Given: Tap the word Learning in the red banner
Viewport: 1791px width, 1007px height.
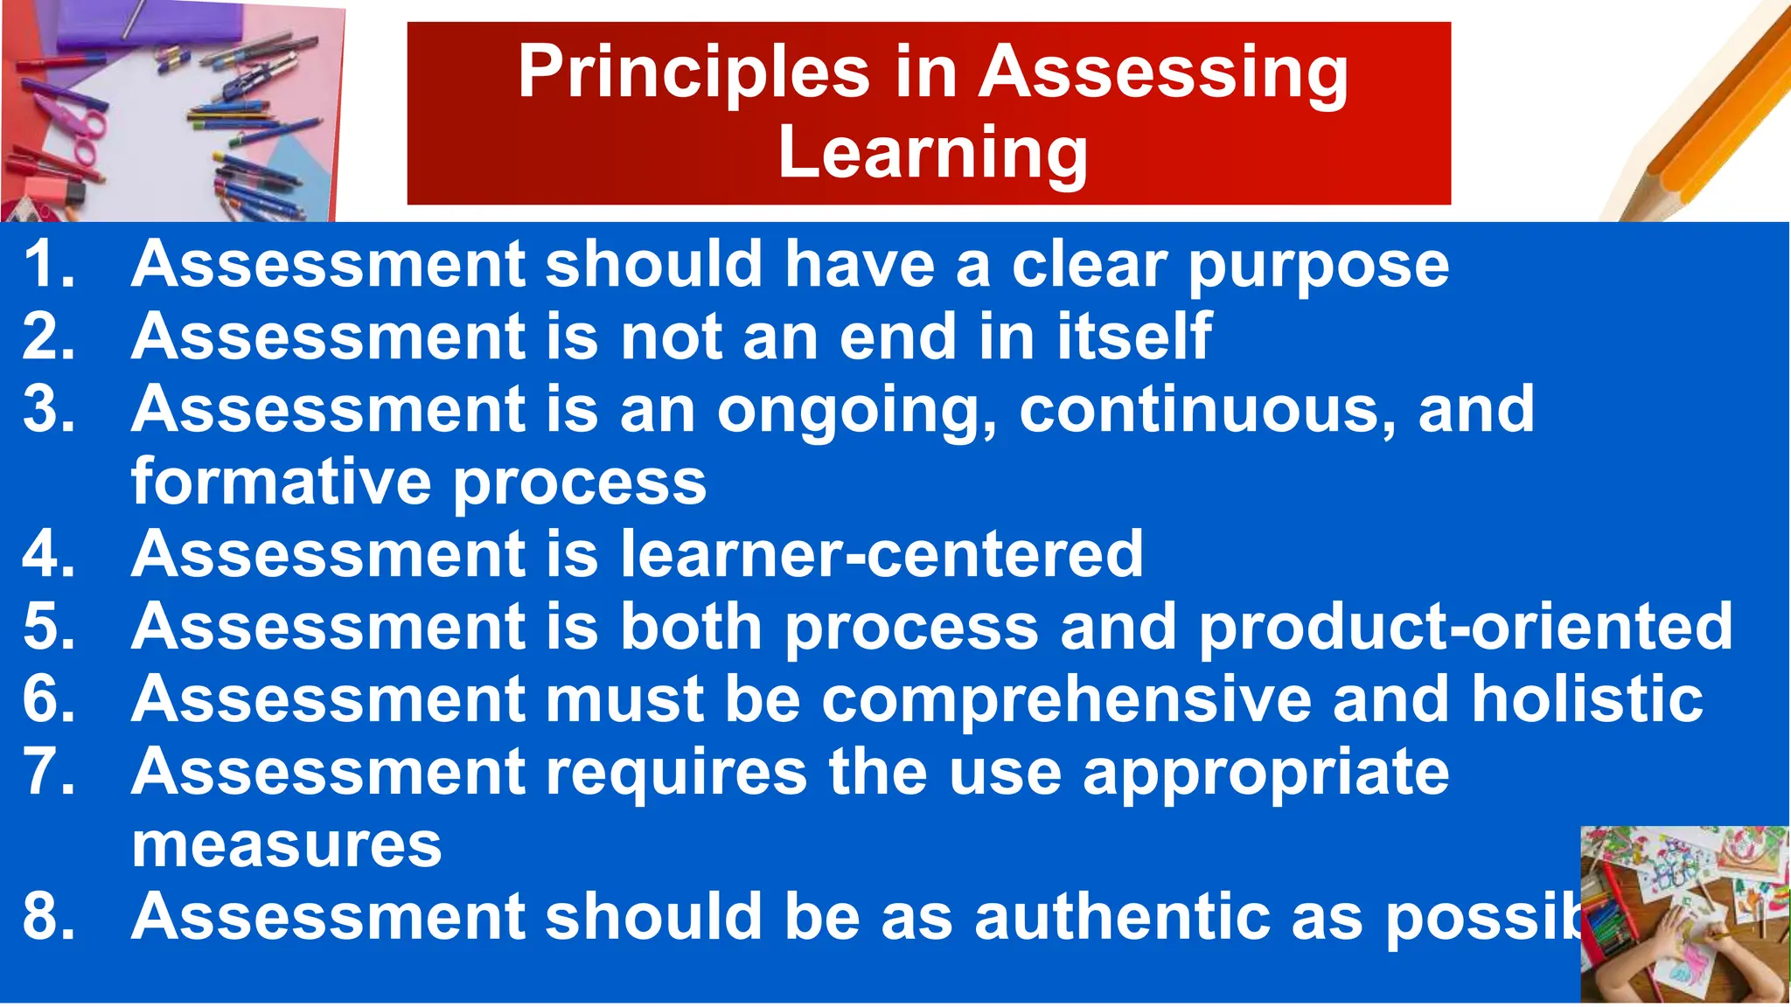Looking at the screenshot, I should click(x=932, y=153).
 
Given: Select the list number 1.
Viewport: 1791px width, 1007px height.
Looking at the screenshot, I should click(x=48, y=264).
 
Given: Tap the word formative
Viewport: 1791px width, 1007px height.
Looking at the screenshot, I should click(x=281, y=482).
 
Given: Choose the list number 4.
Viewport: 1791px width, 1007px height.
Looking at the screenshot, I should click(x=48, y=554).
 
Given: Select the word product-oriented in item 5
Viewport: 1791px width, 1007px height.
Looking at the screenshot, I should click(x=1465, y=627).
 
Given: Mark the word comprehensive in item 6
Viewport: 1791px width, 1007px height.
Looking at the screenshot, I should click(x=1066, y=700).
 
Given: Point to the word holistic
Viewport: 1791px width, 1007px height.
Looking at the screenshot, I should click(x=1586, y=699).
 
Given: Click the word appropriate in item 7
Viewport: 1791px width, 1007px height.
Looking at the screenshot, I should click(x=1265, y=774).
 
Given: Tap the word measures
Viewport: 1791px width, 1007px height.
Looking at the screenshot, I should click(x=286, y=845).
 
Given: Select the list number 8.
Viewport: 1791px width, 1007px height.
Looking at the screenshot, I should click(x=48, y=918).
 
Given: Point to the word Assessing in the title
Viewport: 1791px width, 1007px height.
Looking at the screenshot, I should click(x=1162, y=73).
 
